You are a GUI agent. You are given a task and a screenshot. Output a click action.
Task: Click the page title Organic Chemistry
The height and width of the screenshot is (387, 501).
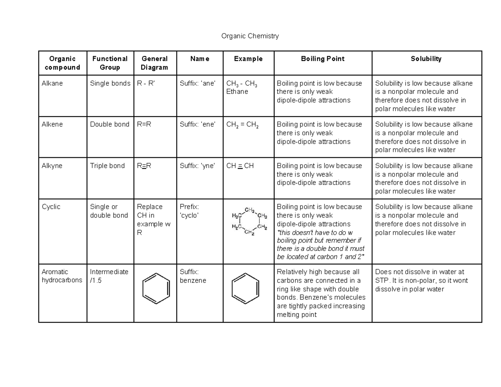click(250, 36)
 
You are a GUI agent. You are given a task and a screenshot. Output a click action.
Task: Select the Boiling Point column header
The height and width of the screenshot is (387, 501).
click(322, 59)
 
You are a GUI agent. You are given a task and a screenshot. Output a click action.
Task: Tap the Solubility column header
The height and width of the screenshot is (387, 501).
click(426, 59)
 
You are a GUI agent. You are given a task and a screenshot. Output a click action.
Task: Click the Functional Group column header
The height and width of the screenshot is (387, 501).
click(110, 63)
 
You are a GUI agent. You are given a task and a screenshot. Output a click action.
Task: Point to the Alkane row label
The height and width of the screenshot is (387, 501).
click(52, 83)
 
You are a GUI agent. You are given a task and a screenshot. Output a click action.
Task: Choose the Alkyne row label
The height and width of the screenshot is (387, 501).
click(52, 166)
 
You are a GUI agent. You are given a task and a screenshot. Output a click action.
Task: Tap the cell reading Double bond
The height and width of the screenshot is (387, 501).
click(110, 124)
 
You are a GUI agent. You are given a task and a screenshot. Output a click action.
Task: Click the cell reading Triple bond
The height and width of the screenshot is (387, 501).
click(107, 166)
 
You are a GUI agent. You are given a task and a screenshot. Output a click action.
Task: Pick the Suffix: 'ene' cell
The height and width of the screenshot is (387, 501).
click(197, 124)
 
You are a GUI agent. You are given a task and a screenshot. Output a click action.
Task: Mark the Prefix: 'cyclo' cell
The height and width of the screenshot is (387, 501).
click(190, 211)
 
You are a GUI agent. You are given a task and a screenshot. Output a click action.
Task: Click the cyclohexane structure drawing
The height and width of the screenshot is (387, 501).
click(249, 221)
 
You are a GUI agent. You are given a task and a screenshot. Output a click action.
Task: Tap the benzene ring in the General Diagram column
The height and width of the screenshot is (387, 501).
click(156, 288)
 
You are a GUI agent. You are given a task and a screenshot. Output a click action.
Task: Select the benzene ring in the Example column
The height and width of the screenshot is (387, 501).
click(245, 288)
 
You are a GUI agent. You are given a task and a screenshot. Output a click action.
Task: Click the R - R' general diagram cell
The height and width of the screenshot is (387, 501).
click(146, 83)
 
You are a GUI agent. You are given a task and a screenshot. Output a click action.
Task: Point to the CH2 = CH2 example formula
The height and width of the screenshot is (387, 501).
click(242, 124)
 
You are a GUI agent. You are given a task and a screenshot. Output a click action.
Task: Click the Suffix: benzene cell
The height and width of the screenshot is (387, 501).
click(193, 276)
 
